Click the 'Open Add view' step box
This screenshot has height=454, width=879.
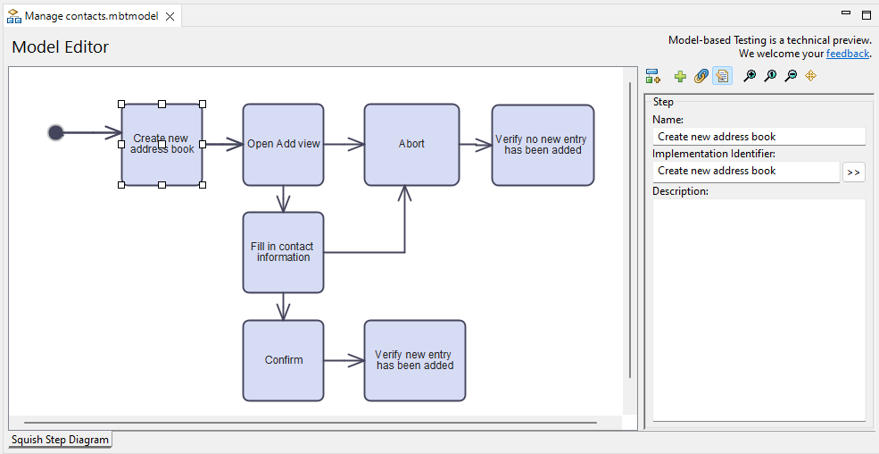point(283,144)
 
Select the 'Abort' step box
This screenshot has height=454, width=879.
point(411,144)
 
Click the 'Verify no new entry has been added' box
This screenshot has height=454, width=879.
point(542,145)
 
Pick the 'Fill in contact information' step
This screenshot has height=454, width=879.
point(283,252)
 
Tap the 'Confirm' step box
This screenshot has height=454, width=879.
point(283,360)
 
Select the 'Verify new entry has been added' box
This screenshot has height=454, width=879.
point(414,360)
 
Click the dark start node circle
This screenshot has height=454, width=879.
point(56,132)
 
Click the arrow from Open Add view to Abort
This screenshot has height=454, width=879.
point(344,144)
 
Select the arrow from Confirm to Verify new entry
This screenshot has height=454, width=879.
point(344,360)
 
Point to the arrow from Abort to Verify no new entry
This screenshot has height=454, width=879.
point(475,144)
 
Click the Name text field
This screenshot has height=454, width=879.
point(759,137)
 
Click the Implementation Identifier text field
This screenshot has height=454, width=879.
point(746,171)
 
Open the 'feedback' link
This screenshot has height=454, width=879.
point(847,54)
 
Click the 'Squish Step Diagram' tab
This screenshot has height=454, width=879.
point(60,440)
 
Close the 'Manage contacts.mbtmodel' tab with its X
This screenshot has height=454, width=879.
point(170,16)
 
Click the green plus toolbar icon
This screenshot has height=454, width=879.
point(680,77)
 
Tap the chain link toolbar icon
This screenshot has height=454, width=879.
point(701,77)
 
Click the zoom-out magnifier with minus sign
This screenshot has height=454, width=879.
point(791,77)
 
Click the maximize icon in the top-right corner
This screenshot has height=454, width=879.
point(866,14)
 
